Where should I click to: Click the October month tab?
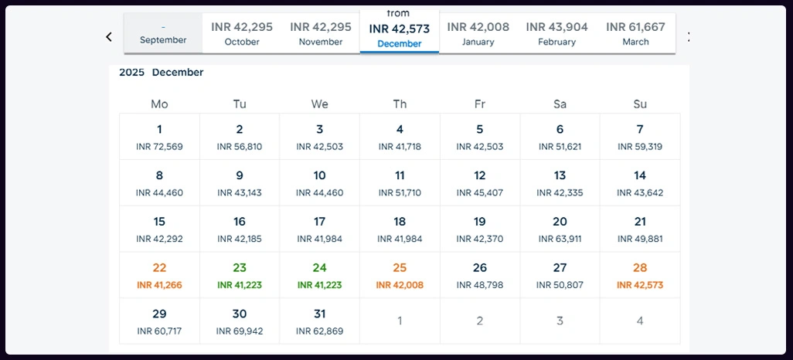242,33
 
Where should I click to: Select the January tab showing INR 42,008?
478,33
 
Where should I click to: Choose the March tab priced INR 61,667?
635,33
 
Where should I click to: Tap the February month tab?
556,33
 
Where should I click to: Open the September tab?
163,34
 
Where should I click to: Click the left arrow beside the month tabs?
109,36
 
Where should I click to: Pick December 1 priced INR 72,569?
159,137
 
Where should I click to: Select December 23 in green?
240,275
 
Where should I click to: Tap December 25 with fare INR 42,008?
400,275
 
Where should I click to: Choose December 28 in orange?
640,275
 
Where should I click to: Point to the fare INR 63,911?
560,239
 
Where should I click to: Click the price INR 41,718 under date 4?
400,147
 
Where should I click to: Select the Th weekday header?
400,104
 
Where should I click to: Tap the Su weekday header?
640,104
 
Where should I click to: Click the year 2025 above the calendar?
131,73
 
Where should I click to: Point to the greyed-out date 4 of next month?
640,321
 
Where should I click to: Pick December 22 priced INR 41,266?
159,275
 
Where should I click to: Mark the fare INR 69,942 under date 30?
240,331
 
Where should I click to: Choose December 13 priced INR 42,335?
560,183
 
